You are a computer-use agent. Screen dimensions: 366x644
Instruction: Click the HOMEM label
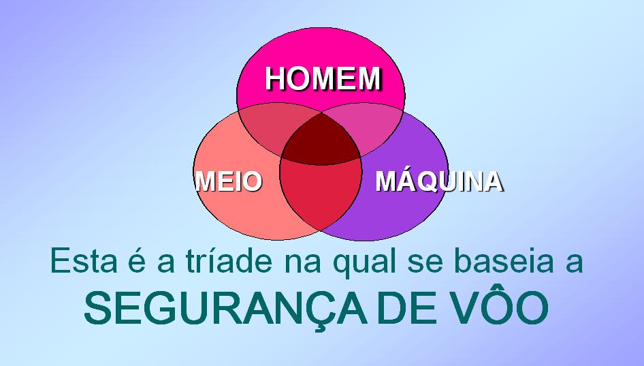click(x=323, y=78)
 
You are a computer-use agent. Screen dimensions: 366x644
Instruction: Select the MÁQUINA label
click(x=439, y=182)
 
